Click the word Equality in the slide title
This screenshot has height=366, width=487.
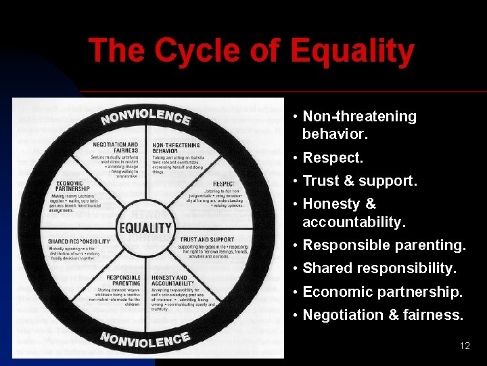coord(352,51)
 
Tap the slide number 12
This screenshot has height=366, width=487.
coord(465,346)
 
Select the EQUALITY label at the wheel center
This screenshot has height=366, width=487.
coord(145,228)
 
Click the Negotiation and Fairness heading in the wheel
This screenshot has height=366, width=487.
coord(115,147)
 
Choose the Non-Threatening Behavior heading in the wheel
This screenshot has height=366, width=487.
coord(176,147)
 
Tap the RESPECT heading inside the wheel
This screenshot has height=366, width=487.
coord(224,184)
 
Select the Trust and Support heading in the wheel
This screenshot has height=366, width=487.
coord(206,239)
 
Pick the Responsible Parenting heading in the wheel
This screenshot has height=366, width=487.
coord(123,281)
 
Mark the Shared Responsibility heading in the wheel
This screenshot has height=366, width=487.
coord(78,241)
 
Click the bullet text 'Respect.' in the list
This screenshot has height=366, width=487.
coord(333,158)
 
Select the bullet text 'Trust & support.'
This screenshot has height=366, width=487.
coord(360,181)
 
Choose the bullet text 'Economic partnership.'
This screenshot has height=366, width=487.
coord(382,291)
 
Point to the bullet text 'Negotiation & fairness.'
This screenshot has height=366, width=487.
coord(383,314)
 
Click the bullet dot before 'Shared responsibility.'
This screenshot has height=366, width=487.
coord(296,269)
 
